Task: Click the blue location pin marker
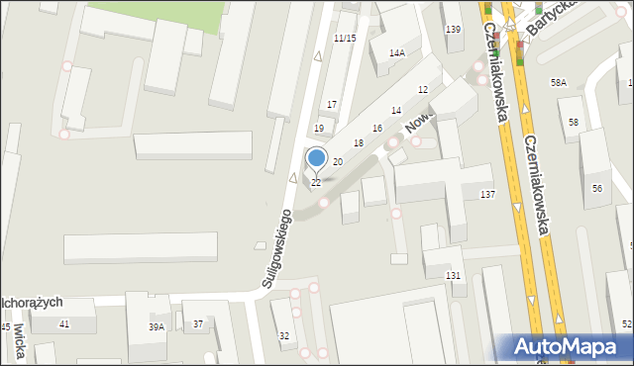click(x=316, y=158)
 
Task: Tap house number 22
click(x=316, y=183)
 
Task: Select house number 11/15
click(x=345, y=38)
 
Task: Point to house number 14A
click(x=397, y=53)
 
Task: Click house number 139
click(x=453, y=30)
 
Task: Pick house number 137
click(x=487, y=194)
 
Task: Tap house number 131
click(x=453, y=275)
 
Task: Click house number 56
click(x=597, y=188)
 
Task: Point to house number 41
click(x=64, y=324)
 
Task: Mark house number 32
click(x=284, y=336)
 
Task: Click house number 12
click(x=423, y=90)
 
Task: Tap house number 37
click(x=198, y=324)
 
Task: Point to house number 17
click(x=332, y=105)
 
